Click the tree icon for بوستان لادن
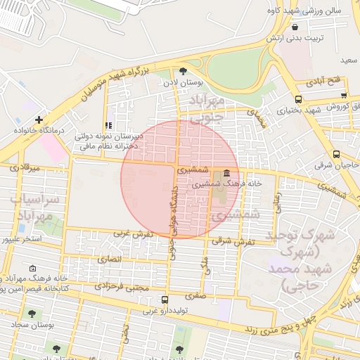click(184, 70)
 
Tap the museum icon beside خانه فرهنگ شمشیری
click(226, 173)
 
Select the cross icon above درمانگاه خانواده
click(39, 120)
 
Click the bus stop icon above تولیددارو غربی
click(165, 300)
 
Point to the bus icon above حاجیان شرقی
click(336, 155)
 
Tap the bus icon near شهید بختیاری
click(299, 100)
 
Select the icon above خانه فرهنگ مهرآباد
click(32, 269)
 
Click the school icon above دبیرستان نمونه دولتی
click(108, 124)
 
